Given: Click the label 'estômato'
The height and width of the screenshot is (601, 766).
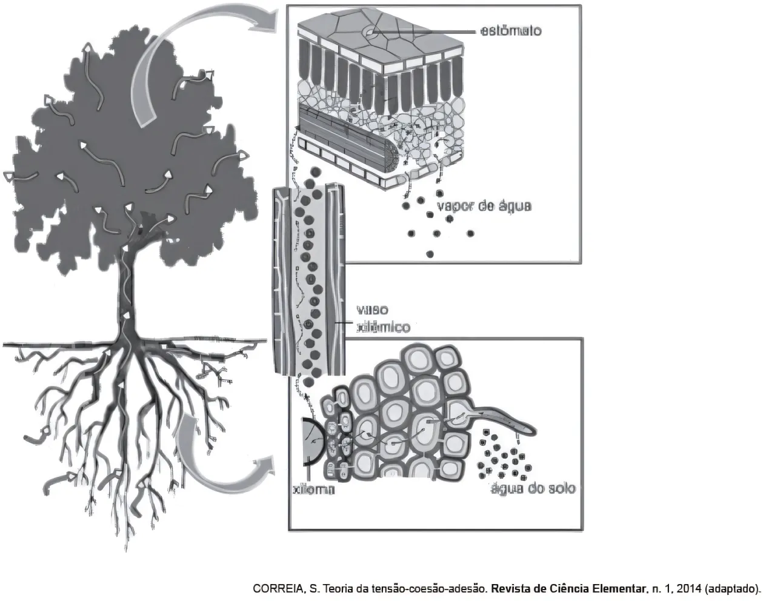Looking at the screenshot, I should (x=510, y=30).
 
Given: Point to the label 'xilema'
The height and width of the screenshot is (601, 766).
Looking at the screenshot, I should (x=313, y=490).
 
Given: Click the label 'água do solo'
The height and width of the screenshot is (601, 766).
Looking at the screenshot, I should (x=533, y=489).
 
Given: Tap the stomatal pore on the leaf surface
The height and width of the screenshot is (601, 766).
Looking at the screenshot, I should (x=370, y=30).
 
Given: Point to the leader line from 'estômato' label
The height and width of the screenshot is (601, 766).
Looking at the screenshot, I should (x=424, y=30).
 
